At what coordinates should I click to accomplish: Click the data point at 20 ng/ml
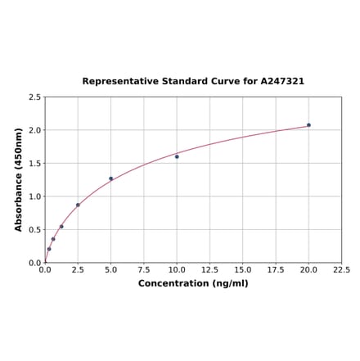click(x=308, y=125)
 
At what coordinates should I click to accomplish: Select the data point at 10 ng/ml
click(x=177, y=156)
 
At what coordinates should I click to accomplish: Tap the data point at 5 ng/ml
click(x=111, y=178)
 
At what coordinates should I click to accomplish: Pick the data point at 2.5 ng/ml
click(x=78, y=205)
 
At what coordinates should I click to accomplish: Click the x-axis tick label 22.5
click(x=341, y=269)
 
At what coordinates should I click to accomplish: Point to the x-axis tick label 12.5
click(x=209, y=269)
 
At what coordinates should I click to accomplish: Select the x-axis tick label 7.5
click(x=144, y=269)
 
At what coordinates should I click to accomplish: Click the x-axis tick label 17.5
click(x=276, y=269)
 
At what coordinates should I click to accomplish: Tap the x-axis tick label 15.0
click(x=243, y=269)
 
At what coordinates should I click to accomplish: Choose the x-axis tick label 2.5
click(x=78, y=269)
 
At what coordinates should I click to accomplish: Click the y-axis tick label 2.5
click(x=35, y=97)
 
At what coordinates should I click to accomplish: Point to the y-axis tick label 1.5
click(x=35, y=163)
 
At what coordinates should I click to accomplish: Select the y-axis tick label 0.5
click(x=35, y=230)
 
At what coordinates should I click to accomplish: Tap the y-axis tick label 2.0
click(x=35, y=130)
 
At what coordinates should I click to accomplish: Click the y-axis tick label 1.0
click(x=35, y=196)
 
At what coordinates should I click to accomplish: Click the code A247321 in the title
click(x=282, y=81)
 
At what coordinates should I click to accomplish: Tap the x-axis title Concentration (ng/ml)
click(x=193, y=283)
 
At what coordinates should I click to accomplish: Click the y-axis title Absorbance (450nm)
click(x=18, y=179)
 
